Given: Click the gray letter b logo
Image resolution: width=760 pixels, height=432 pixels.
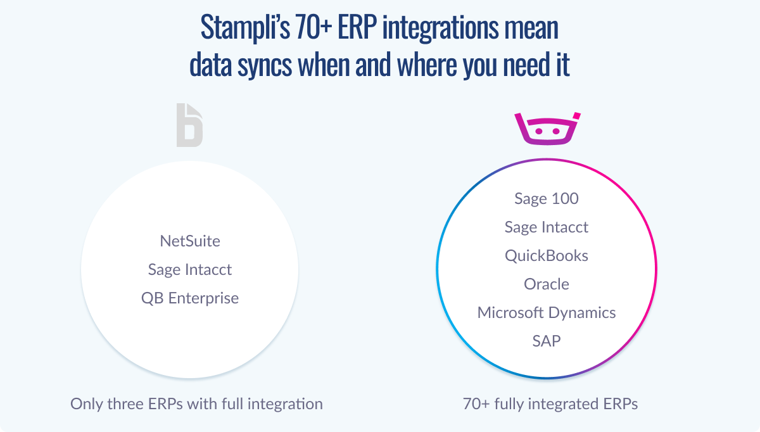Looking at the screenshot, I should click(189, 125).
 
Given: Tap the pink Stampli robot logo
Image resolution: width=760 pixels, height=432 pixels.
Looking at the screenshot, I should click(547, 129).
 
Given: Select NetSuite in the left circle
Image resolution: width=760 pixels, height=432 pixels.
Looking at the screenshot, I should click(190, 241).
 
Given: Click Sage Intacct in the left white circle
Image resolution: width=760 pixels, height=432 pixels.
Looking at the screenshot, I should click(190, 270).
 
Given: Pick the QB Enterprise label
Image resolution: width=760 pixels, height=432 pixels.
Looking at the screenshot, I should click(190, 298).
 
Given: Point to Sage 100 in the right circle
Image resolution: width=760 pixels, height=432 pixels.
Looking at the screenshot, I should click(547, 198).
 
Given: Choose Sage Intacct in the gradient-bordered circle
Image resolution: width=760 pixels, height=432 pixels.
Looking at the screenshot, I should click(547, 227).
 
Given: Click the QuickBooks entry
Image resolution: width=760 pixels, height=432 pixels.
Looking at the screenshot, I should click(547, 256).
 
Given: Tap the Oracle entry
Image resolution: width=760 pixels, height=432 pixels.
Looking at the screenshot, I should click(547, 284).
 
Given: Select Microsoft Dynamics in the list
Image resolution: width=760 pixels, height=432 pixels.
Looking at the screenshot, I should click(547, 313).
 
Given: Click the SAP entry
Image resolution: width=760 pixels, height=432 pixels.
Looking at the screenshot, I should click(547, 341).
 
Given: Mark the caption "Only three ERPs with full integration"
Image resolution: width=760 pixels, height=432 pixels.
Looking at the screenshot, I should click(196, 404).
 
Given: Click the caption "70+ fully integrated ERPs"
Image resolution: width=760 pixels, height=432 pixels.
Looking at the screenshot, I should click(550, 404).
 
